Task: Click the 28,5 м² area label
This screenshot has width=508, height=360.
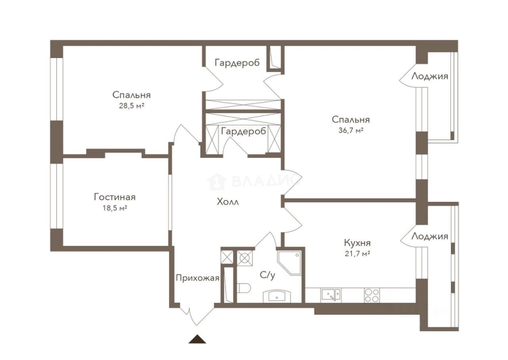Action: point(132,106)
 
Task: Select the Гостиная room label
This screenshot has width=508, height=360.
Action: point(115,197)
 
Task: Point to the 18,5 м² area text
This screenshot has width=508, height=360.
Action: point(115,208)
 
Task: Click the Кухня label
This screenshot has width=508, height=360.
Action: point(357,243)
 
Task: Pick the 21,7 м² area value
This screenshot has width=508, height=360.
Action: point(357,253)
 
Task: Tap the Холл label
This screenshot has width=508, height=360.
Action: point(228,201)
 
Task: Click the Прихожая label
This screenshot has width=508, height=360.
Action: point(198,278)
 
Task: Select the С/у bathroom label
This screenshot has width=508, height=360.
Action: point(267,275)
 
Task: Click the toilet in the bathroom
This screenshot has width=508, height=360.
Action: point(244,288)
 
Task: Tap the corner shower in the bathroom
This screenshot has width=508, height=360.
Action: point(289,263)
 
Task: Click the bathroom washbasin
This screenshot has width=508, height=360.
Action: point(277,296)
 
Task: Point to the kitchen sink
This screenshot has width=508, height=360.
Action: point(331,295)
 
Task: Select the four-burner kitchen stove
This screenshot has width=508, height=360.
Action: point(372,295)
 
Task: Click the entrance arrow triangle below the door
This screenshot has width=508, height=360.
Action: point(197,339)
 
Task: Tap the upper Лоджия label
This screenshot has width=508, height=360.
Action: point(430,76)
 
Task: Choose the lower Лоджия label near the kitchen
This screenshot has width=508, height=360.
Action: point(430,236)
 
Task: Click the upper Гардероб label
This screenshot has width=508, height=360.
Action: point(237,63)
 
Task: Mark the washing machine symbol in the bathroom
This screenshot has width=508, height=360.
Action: point(245,258)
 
